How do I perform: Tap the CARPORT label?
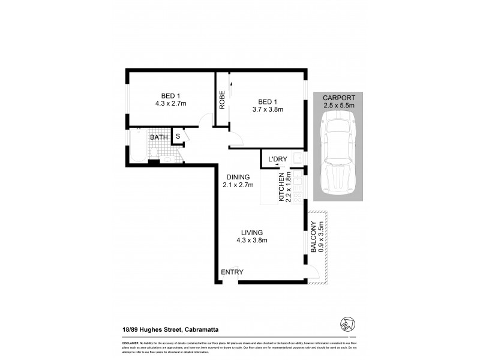pyautogui.click(x=339, y=98)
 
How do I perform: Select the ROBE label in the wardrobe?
pyautogui.click(x=221, y=99)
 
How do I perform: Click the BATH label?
pyautogui.click(x=159, y=137)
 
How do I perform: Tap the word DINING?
pyautogui.click(x=238, y=177)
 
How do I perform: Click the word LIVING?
pyautogui.click(x=252, y=232)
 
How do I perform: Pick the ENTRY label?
pyautogui.click(x=232, y=272)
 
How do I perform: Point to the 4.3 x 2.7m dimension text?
pyautogui.click(x=170, y=103)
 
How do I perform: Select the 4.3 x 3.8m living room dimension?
pyautogui.click(x=252, y=241)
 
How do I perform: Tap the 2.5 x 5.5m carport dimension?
pyautogui.click(x=339, y=106)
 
